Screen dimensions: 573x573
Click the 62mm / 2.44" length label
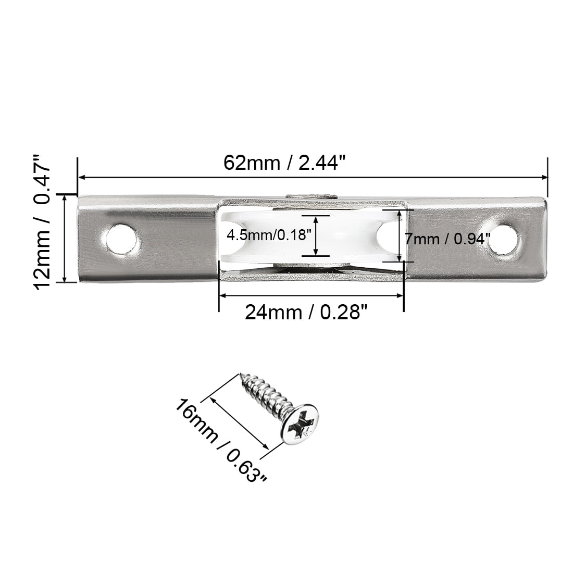point(284,163)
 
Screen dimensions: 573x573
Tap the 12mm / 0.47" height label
point(42,222)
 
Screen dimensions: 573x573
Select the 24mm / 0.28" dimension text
point(305,313)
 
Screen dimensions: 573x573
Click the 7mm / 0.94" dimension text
point(447,239)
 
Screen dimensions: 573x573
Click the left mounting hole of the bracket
point(121,240)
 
